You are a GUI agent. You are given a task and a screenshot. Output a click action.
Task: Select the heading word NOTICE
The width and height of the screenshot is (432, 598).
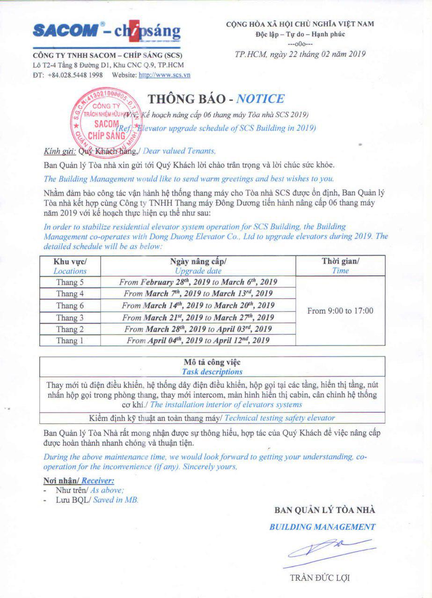click(x=260, y=99)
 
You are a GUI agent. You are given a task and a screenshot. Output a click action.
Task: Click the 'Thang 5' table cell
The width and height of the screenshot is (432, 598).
click(x=70, y=282)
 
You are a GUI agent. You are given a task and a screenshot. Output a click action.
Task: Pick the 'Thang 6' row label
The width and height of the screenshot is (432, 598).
click(x=70, y=306)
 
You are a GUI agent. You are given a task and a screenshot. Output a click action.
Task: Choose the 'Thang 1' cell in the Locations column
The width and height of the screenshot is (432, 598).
click(x=70, y=341)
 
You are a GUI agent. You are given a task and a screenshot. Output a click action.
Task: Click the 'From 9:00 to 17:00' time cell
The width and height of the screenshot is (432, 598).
click(x=340, y=311)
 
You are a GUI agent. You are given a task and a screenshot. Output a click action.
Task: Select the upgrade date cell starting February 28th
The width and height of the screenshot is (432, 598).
click(x=198, y=282)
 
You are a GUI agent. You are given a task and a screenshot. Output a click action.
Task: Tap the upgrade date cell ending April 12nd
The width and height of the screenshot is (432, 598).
click(x=198, y=341)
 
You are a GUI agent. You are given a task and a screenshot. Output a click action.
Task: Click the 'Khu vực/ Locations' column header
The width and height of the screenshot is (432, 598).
click(x=70, y=266)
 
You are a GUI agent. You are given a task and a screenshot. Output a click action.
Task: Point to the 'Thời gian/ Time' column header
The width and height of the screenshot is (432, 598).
click(x=340, y=266)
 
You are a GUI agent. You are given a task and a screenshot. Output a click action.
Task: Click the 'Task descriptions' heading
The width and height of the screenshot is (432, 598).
click(x=212, y=372)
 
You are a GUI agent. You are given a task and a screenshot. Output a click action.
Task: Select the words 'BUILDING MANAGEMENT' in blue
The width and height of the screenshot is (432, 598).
click(x=322, y=527)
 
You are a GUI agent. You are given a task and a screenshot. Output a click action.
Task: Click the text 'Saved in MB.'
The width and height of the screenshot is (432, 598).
click(x=116, y=499)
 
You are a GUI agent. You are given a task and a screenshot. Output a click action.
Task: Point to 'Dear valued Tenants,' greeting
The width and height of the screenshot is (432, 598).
click(x=179, y=151)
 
